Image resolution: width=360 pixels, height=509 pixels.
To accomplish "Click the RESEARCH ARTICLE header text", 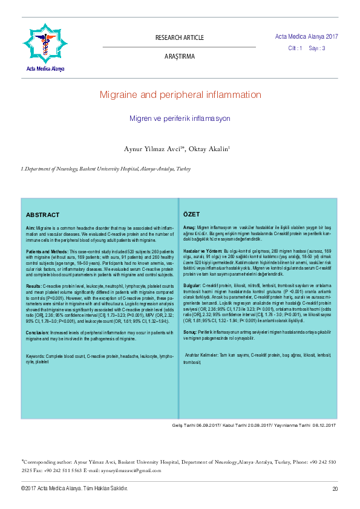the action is coord(180,38).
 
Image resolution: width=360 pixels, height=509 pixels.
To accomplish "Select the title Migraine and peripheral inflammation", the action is coord(180,95).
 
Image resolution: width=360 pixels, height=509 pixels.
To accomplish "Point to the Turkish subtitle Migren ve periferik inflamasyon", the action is coord(180,119).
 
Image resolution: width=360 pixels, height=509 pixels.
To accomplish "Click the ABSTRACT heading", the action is coord(42,215).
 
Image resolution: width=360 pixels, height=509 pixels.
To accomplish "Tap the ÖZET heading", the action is coord(192,215).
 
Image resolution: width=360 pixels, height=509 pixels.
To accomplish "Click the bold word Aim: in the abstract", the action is coord(31,227).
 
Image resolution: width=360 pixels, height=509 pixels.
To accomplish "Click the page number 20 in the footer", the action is coord(335,488).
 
